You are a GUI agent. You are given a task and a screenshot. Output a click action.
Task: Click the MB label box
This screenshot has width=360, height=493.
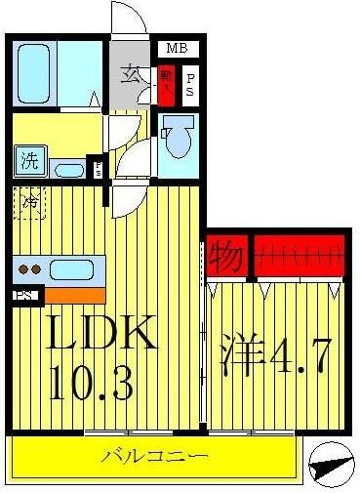click(177, 48)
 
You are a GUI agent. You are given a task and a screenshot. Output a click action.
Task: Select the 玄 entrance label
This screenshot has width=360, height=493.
click(129, 74)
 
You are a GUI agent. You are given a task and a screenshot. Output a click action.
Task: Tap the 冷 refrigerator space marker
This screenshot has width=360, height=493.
click(30, 203)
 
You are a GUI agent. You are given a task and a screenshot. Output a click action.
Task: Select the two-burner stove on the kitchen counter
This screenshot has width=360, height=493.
click(30, 268)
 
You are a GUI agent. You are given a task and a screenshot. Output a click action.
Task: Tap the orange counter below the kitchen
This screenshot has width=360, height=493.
click(73, 293)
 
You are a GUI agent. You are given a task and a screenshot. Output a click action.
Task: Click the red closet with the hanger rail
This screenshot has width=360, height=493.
click(300, 258)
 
